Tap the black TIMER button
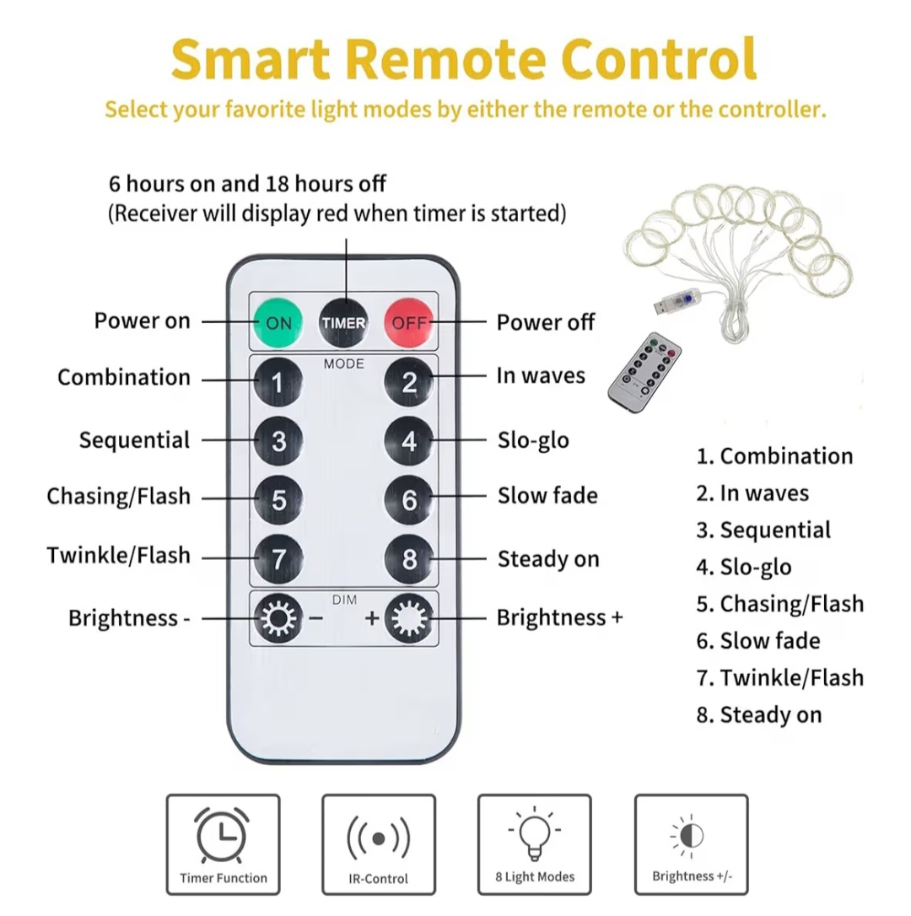343,322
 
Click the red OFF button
409,322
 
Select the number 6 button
409,500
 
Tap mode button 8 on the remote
409,559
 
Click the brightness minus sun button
278,618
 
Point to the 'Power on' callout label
142,321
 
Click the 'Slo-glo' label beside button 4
533,440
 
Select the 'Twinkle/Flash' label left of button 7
119,555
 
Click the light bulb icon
534,833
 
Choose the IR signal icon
379,839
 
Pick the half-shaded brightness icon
690,836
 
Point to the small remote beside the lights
644,373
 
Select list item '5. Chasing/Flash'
779,604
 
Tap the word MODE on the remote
343,364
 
